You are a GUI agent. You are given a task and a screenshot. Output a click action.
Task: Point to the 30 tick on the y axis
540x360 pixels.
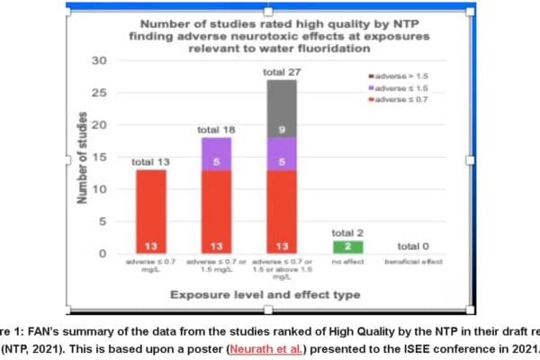pos(100,60)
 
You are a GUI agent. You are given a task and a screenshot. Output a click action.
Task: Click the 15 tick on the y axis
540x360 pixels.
pos(100,157)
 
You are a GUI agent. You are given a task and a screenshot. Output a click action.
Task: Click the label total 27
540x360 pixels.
pos(280,72)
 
